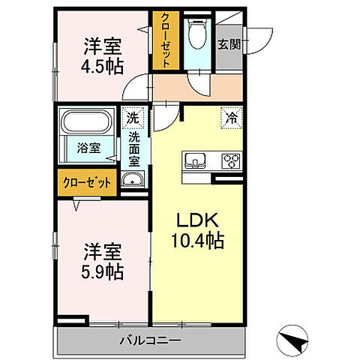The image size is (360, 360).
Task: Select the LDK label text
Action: click(x=196, y=222)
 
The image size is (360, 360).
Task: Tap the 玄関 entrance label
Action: click(x=228, y=44)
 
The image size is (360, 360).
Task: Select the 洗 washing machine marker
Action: click(x=132, y=118)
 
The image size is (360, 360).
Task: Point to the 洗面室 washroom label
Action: click(x=133, y=148)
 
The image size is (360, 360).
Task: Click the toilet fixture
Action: click(x=197, y=33)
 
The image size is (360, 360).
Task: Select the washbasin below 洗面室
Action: click(x=133, y=180)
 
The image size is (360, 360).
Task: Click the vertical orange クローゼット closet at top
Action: click(x=164, y=41)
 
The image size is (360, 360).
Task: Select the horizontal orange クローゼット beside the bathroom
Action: click(x=85, y=182)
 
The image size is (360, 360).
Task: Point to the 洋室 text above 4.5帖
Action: click(x=103, y=43)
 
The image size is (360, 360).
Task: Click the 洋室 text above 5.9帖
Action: click(x=103, y=249)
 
